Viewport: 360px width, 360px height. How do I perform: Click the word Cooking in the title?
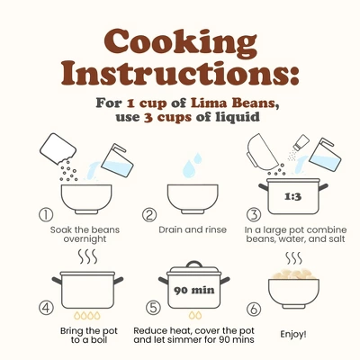click(x=181, y=44)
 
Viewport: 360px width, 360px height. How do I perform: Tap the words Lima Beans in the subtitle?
click(x=233, y=103)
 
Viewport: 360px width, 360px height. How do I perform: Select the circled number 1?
click(x=46, y=214)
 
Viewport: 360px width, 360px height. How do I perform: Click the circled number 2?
click(x=149, y=214)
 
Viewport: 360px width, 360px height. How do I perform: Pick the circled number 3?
click(x=254, y=214)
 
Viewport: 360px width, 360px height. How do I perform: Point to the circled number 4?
click(x=46, y=308)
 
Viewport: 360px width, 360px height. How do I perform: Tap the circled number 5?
click(x=153, y=308)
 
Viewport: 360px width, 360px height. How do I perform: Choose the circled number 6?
click(x=254, y=309)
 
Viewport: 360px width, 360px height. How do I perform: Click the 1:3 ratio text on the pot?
click(x=292, y=197)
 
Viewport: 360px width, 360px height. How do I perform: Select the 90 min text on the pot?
click(x=194, y=290)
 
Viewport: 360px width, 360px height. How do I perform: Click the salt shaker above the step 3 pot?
click(x=301, y=142)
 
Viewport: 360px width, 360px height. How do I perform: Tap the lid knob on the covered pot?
click(x=194, y=265)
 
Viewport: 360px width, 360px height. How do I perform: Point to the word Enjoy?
click(x=293, y=334)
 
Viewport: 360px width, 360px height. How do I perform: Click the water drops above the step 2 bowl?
click(x=193, y=165)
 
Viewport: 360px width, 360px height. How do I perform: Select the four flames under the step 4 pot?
click(x=87, y=315)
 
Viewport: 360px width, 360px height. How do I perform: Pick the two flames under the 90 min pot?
click(x=195, y=315)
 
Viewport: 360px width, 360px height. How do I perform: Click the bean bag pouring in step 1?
click(x=58, y=149)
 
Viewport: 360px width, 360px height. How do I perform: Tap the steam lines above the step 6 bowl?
click(x=293, y=258)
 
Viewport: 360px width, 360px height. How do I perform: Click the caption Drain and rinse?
click(x=193, y=229)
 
